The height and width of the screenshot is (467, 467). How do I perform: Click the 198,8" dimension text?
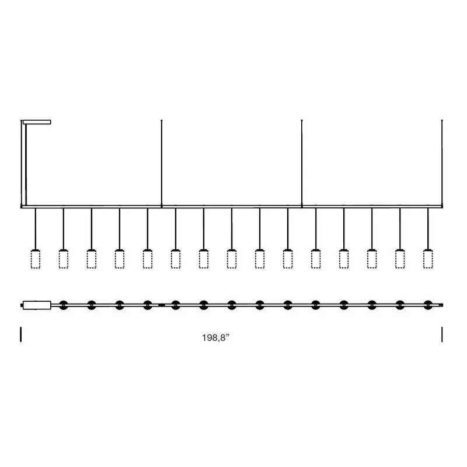216,338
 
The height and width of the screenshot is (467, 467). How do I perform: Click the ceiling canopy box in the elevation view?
37,122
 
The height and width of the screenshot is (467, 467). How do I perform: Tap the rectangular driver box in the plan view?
37,305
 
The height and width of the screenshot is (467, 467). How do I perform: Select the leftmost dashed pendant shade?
36,259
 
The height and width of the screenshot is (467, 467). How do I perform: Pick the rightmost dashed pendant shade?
428,259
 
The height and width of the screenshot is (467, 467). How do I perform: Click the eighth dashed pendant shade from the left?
232,259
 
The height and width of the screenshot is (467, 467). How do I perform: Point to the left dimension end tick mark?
21,334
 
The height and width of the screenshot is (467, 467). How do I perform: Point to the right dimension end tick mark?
442,334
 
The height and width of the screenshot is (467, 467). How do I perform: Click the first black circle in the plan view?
64,305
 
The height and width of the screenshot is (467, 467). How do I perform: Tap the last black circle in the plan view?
428,305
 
